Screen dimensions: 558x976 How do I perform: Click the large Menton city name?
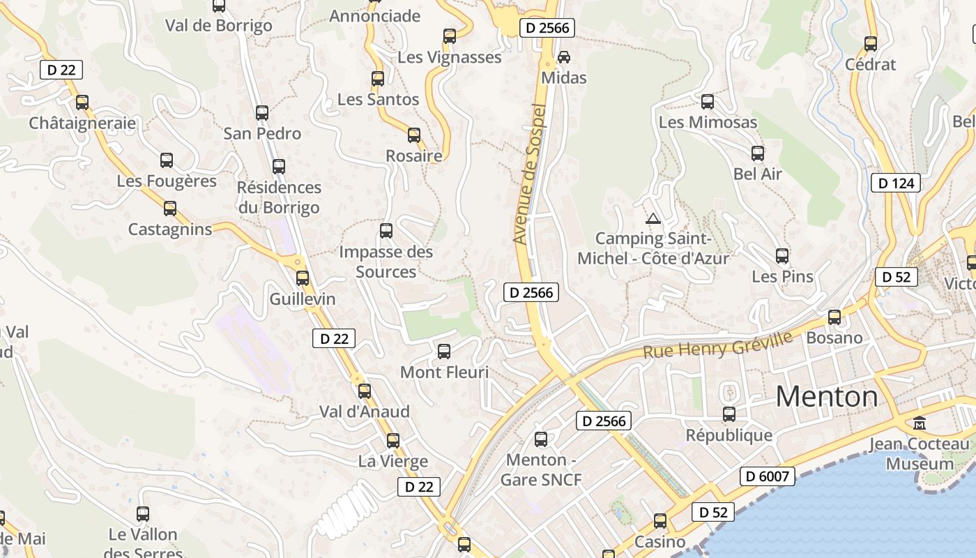(x=827, y=397)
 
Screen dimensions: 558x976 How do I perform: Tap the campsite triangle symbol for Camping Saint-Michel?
(x=653, y=219)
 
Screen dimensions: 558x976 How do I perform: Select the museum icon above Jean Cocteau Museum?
(x=920, y=423)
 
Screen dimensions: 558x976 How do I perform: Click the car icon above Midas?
(x=564, y=56)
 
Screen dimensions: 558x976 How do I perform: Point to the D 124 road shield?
(x=896, y=183)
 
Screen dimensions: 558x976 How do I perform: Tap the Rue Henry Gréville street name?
(x=717, y=345)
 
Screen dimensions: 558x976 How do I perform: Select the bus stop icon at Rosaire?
(x=414, y=135)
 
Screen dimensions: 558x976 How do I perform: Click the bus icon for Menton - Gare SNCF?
(x=541, y=439)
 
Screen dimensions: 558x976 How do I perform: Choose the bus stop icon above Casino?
(x=660, y=521)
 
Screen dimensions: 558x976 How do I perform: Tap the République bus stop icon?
(x=729, y=414)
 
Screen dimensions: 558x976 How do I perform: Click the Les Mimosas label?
(x=708, y=122)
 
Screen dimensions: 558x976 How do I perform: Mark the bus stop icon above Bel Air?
(x=758, y=153)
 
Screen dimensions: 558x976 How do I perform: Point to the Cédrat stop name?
(x=870, y=64)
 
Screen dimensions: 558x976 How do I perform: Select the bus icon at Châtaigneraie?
(x=82, y=103)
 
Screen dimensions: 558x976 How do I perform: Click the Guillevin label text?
(x=303, y=299)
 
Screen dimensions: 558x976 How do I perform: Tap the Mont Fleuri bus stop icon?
(x=444, y=352)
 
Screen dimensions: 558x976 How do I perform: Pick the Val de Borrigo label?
(x=218, y=26)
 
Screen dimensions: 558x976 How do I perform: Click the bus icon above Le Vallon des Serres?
(x=143, y=514)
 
